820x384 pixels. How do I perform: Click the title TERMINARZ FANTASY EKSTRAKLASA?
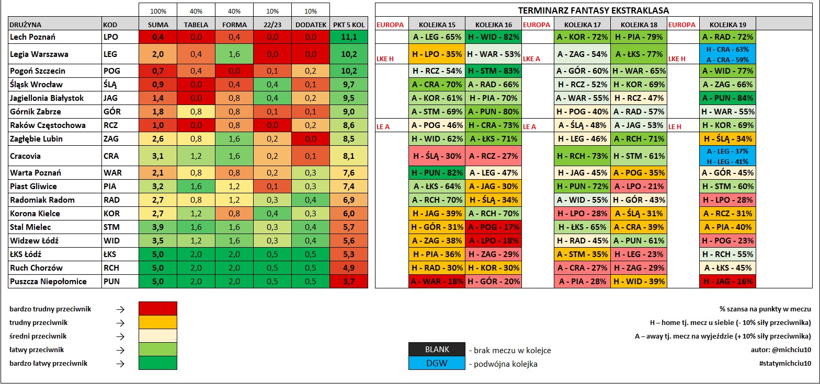pyautogui.click(x=594, y=10)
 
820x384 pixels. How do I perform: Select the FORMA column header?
pyautogui.click(x=234, y=25)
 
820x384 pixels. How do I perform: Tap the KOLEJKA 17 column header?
pyautogui.click(x=583, y=25)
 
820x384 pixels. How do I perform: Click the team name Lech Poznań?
pyautogui.click(x=32, y=37)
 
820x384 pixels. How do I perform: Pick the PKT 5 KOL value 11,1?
pyautogui.click(x=349, y=37)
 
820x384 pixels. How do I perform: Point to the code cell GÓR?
pyautogui.click(x=110, y=112)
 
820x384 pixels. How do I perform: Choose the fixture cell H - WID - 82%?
pyautogui.click(x=494, y=37)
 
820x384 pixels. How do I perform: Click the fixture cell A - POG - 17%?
pyautogui.click(x=494, y=227)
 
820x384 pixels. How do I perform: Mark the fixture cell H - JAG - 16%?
pyautogui.click(x=728, y=281)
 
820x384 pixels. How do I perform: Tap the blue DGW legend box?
pyautogui.click(x=437, y=363)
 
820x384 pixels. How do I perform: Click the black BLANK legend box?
pyautogui.click(x=437, y=349)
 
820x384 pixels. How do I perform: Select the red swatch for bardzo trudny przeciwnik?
pyautogui.click(x=158, y=308)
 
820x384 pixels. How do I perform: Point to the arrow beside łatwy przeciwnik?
pyautogui.click(x=120, y=350)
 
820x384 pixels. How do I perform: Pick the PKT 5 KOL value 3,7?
pyautogui.click(x=349, y=281)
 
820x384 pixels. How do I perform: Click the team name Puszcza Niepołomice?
pyautogui.click(x=48, y=281)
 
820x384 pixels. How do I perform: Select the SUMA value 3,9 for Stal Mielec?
pyautogui.click(x=158, y=227)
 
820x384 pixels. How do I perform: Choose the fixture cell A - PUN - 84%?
pyautogui.click(x=728, y=98)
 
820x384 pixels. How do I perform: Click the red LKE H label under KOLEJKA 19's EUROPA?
pyautogui.click(x=677, y=59)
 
